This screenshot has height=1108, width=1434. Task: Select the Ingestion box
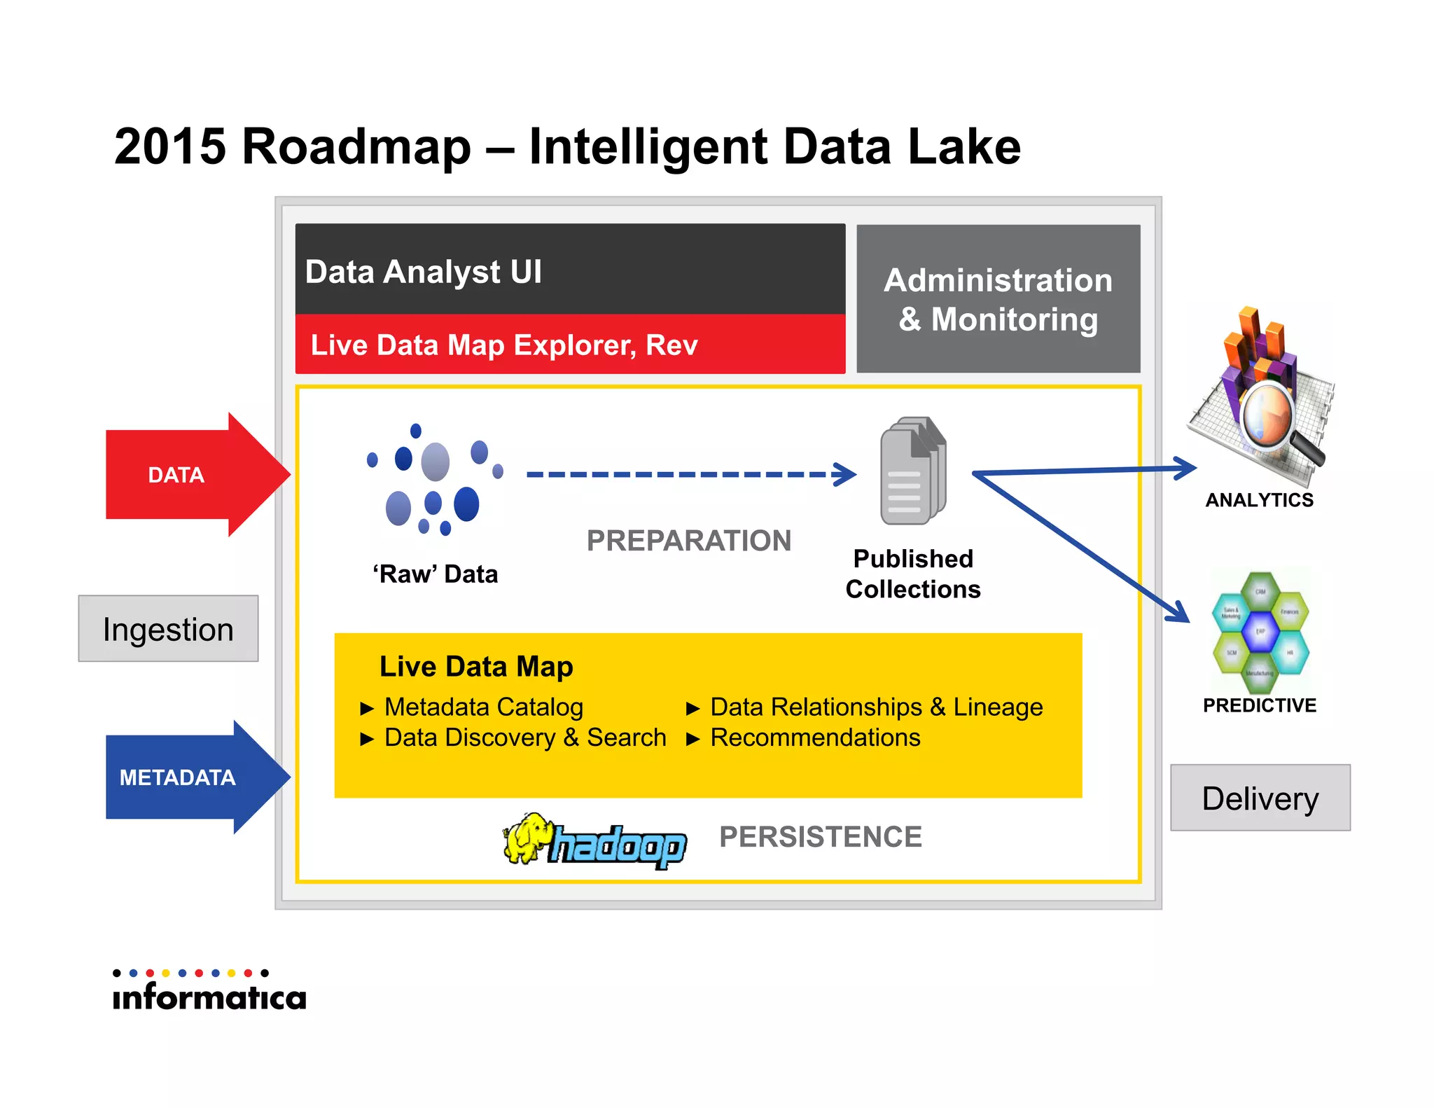coord(168,629)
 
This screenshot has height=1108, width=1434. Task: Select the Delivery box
coord(1260,798)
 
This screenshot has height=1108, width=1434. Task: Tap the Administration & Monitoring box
coord(998,299)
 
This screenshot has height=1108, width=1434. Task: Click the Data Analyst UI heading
coord(424,272)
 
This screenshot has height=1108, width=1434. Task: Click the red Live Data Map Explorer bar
coord(504,345)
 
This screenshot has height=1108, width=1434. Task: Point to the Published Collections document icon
coord(912,471)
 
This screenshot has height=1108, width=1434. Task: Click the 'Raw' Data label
coord(435,574)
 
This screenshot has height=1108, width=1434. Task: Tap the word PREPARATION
coord(688,541)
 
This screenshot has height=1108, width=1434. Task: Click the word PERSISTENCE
coord(820,837)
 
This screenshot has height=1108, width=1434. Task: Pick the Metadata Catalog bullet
coord(483,707)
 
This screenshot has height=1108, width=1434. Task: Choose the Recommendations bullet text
coord(815,738)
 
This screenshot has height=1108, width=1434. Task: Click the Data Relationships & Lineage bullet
coord(876,707)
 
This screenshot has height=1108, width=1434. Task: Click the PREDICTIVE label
coord(1259,705)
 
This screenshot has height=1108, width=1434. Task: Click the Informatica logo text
coord(209,997)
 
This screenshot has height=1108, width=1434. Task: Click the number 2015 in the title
coord(170,147)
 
